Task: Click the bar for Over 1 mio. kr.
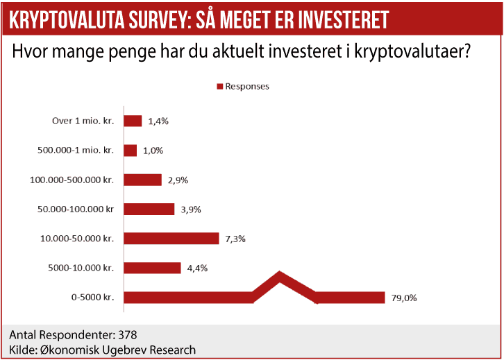point(133,121)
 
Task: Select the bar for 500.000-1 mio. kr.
point(130,151)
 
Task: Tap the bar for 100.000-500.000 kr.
point(142,180)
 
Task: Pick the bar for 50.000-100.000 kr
point(149,209)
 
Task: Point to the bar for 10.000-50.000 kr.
point(171,238)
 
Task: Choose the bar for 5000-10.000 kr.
point(152,268)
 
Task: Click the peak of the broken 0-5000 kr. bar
point(280,277)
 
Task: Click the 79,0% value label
point(405,298)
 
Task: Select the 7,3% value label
point(236,239)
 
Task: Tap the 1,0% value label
point(153,151)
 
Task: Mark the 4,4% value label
point(197,268)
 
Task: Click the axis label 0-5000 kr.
point(91,298)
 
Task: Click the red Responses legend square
point(219,87)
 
